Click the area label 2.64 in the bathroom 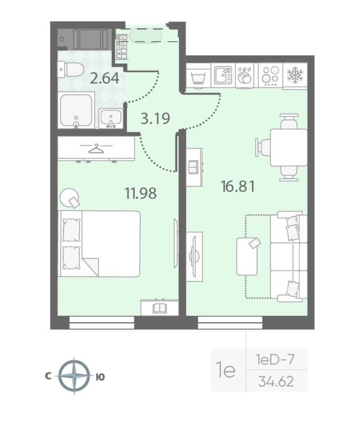point(104,79)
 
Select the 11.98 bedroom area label point(140,194)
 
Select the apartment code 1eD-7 point(275,360)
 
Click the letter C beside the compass point(48,376)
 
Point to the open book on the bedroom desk point(160,308)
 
